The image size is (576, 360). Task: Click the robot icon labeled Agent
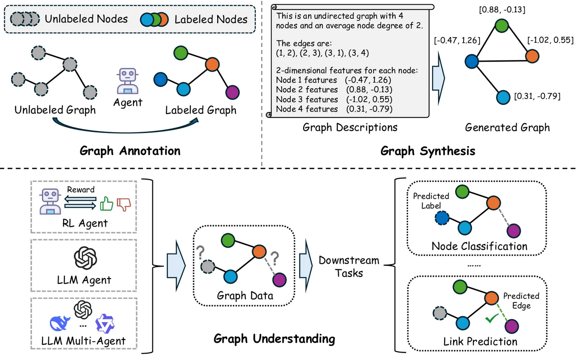point(128,81)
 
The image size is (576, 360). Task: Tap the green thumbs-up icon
point(106,204)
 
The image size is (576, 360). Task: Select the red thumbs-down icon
point(124,204)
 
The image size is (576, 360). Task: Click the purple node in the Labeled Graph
point(232,92)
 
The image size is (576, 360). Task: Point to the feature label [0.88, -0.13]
point(502,10)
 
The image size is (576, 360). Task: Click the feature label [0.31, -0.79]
point(537,96)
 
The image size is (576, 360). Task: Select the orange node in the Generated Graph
point(532,56)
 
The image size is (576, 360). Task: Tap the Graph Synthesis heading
point(428,151)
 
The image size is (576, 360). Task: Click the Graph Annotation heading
point(130,151)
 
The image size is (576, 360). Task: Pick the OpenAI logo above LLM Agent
point(85,258)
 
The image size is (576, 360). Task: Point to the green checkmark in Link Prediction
point(491,318)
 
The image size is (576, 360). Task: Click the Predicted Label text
point(431,201)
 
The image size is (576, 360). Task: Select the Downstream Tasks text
point(349,266)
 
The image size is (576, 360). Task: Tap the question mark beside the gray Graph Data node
point(200,252)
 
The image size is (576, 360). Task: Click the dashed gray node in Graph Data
point(208,266)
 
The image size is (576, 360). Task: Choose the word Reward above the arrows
point(81,190)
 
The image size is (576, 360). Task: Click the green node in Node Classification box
point(462,192)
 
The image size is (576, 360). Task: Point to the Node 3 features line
point(334,99)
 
